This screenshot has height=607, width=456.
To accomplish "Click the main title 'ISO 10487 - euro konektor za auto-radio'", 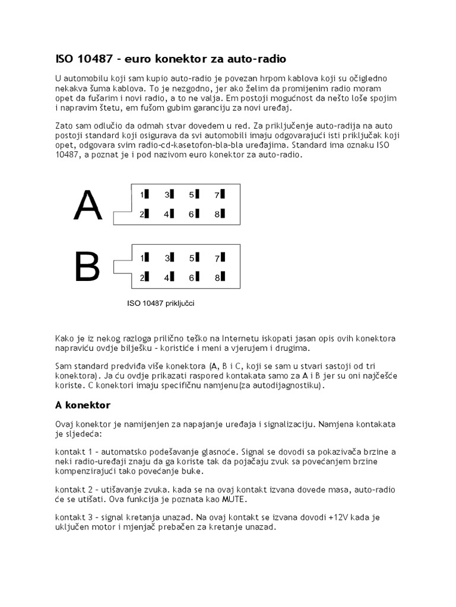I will (x=170, y=59).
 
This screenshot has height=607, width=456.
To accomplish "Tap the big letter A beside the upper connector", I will (x=87, y=206).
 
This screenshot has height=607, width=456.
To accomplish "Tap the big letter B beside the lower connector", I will (x=87, y=268).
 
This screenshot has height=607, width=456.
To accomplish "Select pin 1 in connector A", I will (x=144, y=194).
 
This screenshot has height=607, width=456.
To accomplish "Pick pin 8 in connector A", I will (x=218, y=215).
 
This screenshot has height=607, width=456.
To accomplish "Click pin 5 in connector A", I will (x=194, y=194).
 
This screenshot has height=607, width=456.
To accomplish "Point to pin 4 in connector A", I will (x=169, y=215).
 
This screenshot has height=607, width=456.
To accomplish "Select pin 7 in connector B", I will (x=218, y=258).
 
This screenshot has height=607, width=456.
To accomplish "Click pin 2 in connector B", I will (x=144, y=277).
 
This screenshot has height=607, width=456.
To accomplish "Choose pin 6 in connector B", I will (x=194, y=277).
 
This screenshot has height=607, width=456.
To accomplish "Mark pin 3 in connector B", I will (x=169, y=258).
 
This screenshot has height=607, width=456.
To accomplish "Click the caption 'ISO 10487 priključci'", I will (x=161, y=303).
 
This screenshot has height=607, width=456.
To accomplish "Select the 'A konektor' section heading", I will (x=83, y=405).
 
